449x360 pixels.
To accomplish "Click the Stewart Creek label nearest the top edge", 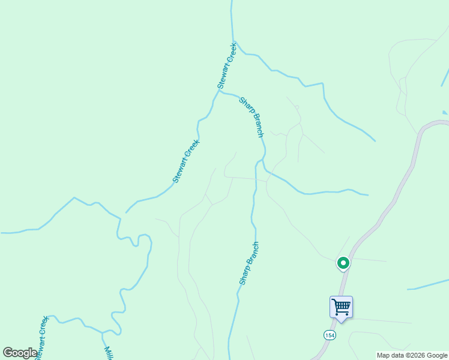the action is (x=227, y=66).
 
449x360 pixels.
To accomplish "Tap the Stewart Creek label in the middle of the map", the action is (x=185, y=161).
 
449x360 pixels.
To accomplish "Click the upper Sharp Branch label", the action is (x=252, y=116).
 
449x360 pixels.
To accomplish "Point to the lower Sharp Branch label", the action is (x=249, y=263).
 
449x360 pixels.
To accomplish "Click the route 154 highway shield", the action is (x=329, y=334).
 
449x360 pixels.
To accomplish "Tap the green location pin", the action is (x=343, y=263).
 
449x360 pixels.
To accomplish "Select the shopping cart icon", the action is (x=341, y=307).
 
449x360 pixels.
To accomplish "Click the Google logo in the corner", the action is (x=20, y=353).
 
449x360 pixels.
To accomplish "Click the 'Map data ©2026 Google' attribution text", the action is (x=412, y=355).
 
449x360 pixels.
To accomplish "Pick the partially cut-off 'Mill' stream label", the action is (x=109, y=353).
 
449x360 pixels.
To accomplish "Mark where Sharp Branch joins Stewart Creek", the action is (x=221, y=92).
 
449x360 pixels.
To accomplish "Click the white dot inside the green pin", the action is (x=343, y=262).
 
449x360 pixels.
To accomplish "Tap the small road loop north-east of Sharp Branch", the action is (x=297, y=107).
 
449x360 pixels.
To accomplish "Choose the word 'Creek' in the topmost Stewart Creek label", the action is (x=231, y=55).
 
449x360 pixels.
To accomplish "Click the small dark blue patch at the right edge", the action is (x=444, y=112).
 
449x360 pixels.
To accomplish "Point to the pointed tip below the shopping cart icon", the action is (x=341, y=322).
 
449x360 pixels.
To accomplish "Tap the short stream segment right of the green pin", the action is (x=428, y=284).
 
